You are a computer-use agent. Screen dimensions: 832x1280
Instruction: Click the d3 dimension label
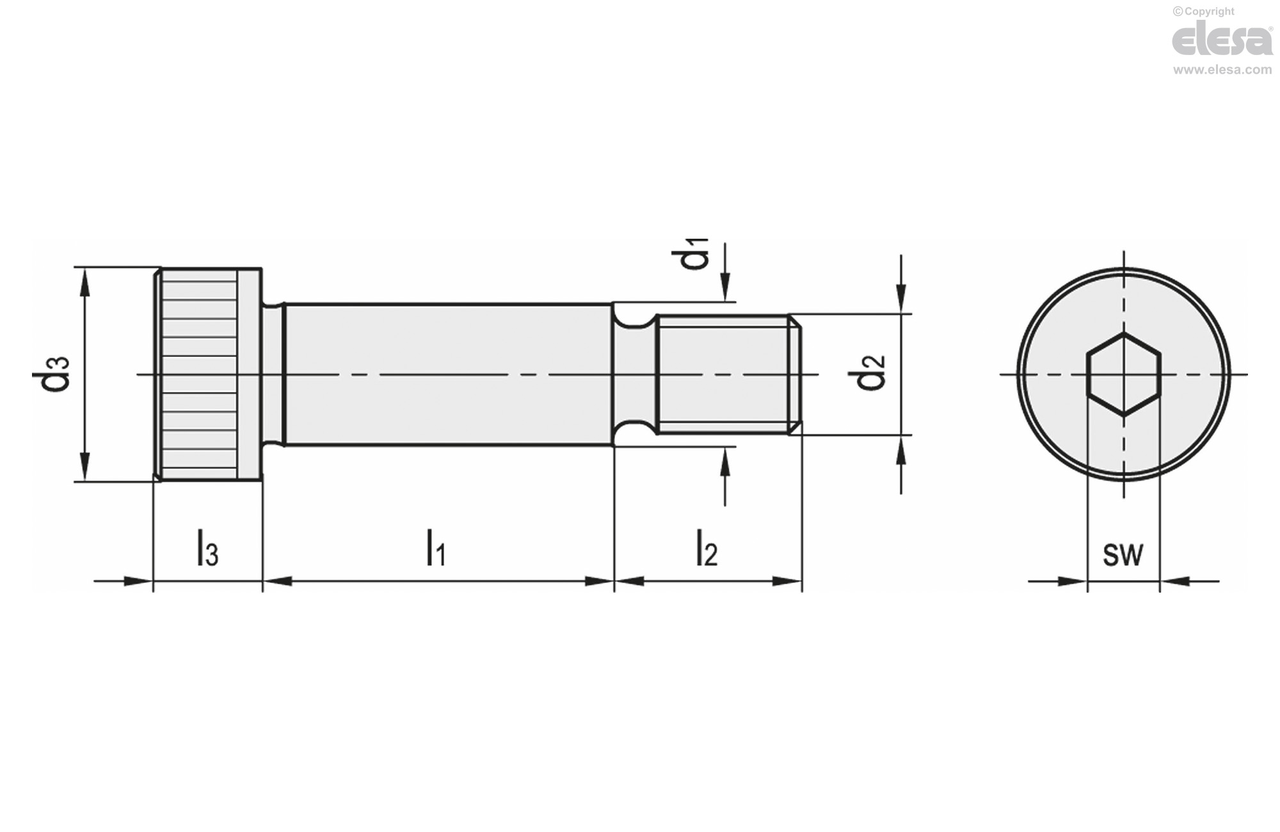(x=51, y=374)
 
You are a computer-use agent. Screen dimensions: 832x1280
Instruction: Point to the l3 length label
(x=207, y=548)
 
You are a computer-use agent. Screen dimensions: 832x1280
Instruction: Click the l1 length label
(x=436, y=548)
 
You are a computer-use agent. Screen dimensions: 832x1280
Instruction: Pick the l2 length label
(x=707, y=548)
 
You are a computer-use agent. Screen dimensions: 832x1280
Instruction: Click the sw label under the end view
(x=1123, y=554)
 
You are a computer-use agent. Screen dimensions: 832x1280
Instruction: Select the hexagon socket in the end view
(x=1123, y=374)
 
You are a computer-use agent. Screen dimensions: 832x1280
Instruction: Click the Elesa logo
(x=1221, y=40)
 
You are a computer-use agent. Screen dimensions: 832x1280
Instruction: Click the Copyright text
(x=1203, y=12)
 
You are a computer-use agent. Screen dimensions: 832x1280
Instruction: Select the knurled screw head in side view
(x=207, y=374)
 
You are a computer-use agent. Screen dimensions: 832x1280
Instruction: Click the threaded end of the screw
(x=726, y=374)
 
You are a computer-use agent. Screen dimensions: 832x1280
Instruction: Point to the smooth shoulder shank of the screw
(x=448, y=374)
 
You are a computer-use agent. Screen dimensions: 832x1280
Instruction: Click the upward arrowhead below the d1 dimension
(x=725, y=460)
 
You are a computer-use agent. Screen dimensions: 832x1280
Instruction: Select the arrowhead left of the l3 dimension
(x=138, y=581)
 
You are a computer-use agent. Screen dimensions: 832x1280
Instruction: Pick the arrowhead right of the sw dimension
(x=1175, y=581)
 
